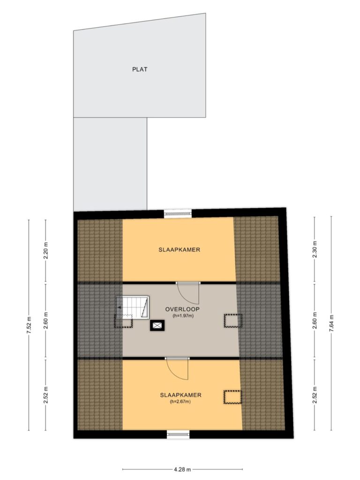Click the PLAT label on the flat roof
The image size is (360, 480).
140,69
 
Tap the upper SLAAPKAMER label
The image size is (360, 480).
179,250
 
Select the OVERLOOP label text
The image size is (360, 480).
182,309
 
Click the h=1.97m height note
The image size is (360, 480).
183,316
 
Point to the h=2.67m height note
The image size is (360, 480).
180,402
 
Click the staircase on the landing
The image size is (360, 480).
133,307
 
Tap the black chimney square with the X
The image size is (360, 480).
157,325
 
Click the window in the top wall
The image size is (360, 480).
178,213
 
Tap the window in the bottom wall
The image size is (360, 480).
178,434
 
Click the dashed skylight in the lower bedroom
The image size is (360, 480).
232,397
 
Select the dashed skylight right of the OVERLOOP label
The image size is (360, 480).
233,321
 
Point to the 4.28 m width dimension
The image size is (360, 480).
182,469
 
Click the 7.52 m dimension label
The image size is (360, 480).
29,325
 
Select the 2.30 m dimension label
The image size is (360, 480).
315,249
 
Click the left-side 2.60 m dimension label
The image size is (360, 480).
45,321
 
